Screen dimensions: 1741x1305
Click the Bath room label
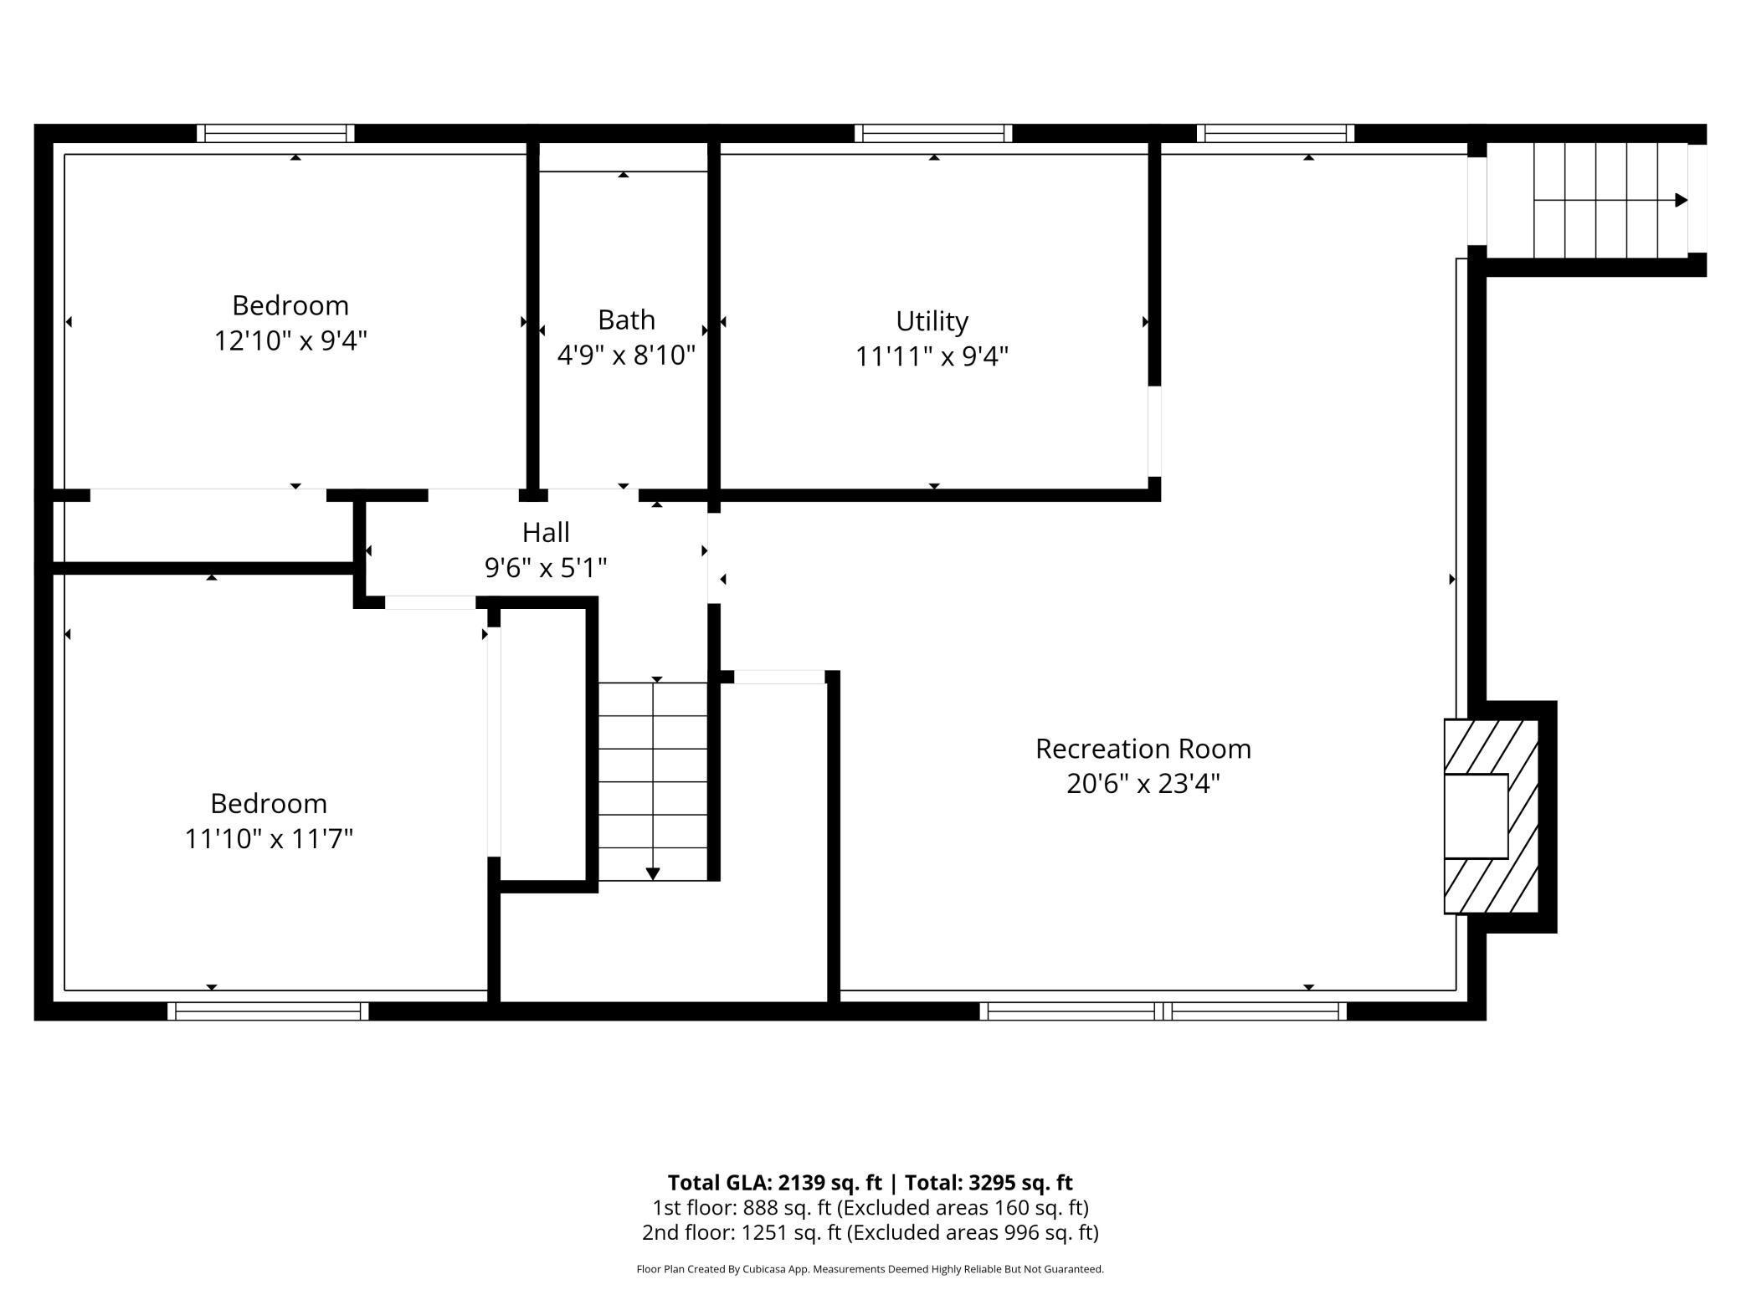(x=626, y=320)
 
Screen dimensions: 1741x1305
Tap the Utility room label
(x=932, y=321)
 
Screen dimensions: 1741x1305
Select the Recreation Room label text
(x=1143, y=749)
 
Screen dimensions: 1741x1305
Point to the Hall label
(x=546, y=532)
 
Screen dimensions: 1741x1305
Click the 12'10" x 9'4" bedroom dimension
(x=290, y=340)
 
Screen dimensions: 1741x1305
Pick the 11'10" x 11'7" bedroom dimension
(x=269, y=838)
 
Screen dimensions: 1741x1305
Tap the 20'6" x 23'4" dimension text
(x=1143, y=784)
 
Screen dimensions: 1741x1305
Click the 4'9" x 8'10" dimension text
(x=626, y=356)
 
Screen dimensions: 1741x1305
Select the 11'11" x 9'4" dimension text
(x=932, y=357)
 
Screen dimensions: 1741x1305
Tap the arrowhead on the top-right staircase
(x=1681, y=201)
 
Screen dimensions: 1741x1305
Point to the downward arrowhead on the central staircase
(x=653, y=874)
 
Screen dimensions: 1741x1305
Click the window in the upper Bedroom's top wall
(x=275, y=134)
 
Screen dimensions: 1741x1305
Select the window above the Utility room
(x=933, y=134)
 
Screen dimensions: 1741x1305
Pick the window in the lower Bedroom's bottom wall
(x=268, y=1011)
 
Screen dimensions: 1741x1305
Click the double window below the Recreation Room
(x=1163, y=1011)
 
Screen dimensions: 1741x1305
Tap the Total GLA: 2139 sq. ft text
(x=774, y=1183)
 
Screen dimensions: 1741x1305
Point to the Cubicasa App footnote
(x=870, y=1269)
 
